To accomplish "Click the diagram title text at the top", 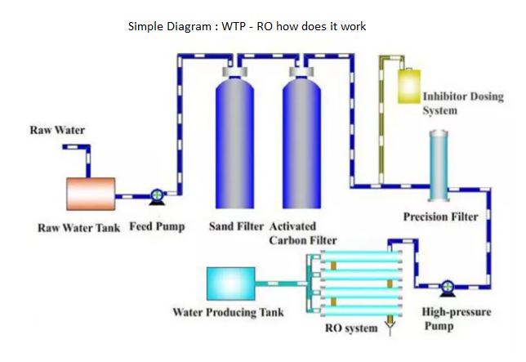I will tap(247, 26).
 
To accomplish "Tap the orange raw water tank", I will tap(90, 193).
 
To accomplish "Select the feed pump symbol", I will tap(156, 196).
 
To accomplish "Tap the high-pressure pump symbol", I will tap(447, 287).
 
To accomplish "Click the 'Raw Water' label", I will tap(57, 130).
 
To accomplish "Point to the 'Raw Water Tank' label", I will tap(79, 227).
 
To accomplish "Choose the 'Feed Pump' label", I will tap(158, 226).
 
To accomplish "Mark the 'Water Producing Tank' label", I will tap(230, 312).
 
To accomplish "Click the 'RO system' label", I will tap(351, 328).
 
